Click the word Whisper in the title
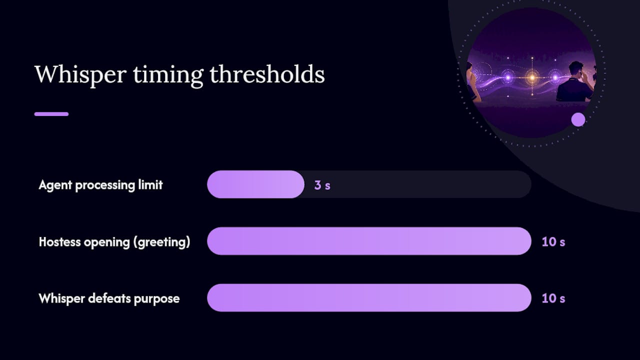(80, 75)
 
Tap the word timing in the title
(168, 75)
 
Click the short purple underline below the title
(51, 114)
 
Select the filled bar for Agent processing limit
(255, 184)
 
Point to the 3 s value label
(322, 185)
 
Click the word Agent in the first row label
(55, 185)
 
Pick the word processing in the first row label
(105, 185)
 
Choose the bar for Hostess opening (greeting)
(369, 241)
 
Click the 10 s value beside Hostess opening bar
(553, 241)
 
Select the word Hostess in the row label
(60, 241)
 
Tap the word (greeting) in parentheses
(161, 242)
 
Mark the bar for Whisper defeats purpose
(369, 297)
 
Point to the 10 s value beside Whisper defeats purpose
(553, 298)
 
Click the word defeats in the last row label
(109, 298)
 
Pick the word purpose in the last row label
(156, 299)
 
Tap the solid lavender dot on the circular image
(578, 119)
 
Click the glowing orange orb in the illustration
(532, 77)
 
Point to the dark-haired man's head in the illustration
(576, 69)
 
